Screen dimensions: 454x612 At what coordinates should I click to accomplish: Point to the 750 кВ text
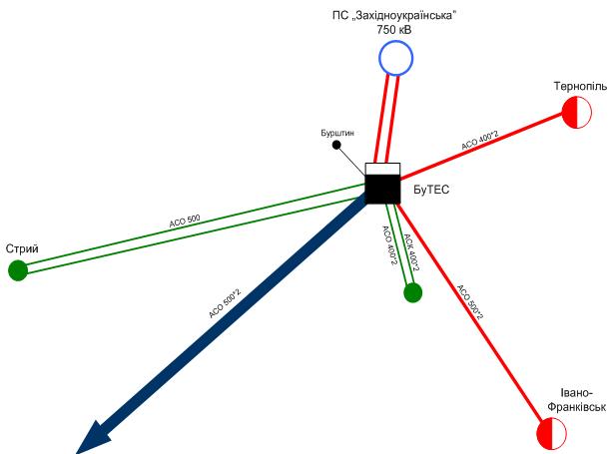pos(394,31)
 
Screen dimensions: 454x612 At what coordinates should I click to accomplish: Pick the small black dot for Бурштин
pos(336,145)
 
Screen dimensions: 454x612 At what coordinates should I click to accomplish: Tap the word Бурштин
pos(336,131)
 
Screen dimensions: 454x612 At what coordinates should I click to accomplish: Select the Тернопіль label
pos(580,87)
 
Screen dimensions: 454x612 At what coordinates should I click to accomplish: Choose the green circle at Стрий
pos(17,270)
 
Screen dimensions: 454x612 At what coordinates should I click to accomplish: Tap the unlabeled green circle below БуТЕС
pos(412,291)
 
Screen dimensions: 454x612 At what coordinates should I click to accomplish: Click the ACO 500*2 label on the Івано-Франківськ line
pos(469,303)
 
